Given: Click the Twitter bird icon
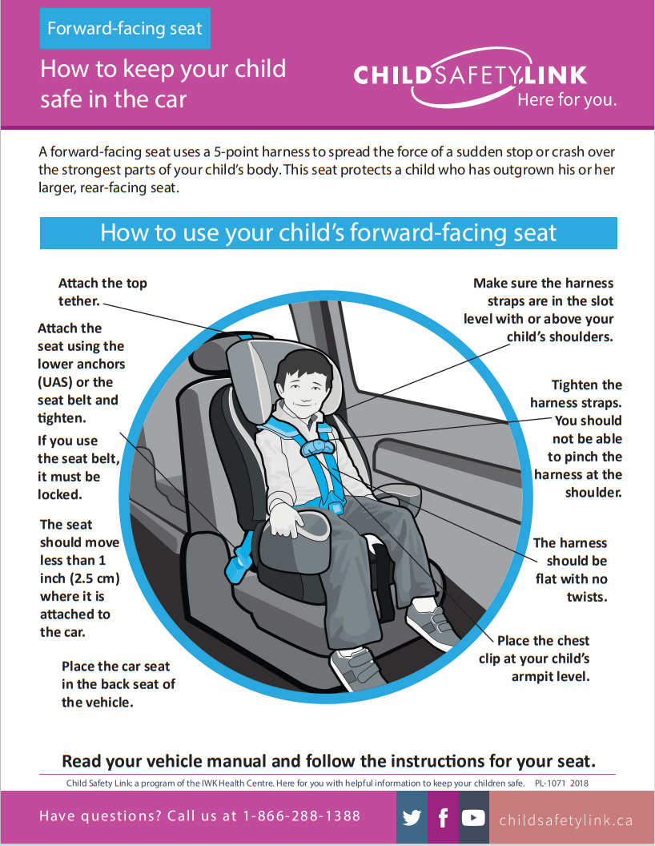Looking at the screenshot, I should tap(412, 818).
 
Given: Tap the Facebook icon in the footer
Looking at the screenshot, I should tap(443, 818).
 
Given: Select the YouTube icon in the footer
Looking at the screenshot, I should tap(473, 818).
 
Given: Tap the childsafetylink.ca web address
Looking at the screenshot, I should tap(565, 820).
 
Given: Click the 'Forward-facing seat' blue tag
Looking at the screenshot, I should tap(125, 29).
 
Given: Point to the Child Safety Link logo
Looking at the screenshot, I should tap(470, 76).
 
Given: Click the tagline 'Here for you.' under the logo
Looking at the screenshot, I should tap(566, 100).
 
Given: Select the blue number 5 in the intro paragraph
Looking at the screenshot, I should tap(218, 151).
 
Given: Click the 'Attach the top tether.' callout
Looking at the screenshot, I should tap(102, 292).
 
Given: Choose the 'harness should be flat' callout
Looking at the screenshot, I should tap(571, 570).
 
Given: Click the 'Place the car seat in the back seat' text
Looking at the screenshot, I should tap(118, 684).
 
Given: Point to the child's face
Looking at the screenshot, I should tap(299, 389).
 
